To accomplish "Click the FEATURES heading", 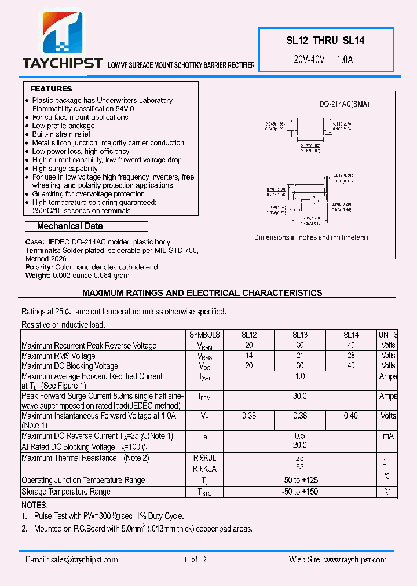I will click(51, 89).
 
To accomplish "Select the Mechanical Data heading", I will click(69, 226).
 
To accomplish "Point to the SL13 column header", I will click(299, 335).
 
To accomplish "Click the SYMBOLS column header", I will click(204, 335).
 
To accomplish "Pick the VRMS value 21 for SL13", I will click(299, 356).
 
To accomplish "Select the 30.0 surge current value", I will click(299, 397).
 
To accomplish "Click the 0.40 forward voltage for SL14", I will click(351, 416).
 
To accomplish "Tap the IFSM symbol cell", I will click(204, 397).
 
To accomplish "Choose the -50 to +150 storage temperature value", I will click(299, 492).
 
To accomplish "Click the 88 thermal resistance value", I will click(299, 468).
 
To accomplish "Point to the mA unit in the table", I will click(388, 436).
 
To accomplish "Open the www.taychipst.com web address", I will click(355, 559).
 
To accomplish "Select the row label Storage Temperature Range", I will click(66, 492).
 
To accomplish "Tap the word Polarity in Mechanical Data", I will click(39, 267).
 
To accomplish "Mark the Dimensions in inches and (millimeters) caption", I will click(311, 237).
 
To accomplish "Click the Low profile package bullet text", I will click(63, 126).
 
